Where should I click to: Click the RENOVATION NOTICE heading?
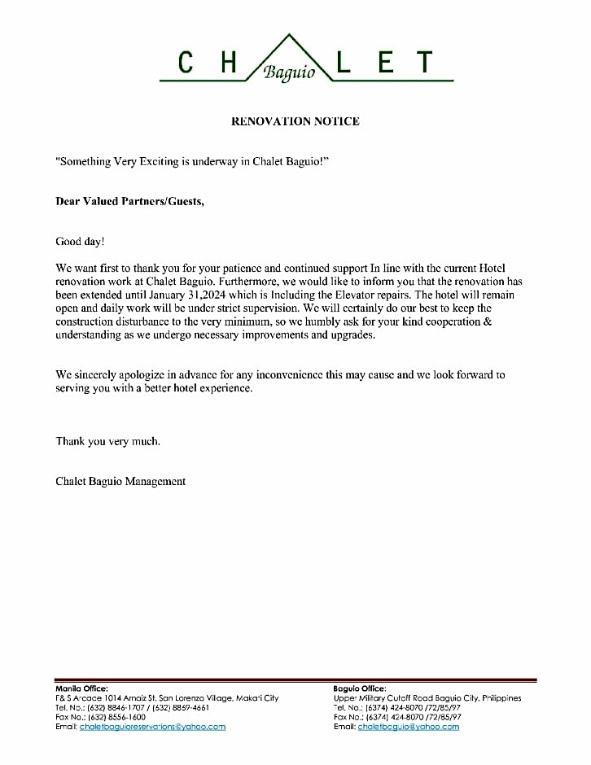pyautogui.click(x=295, y=121)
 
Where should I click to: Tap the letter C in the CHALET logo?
pyautogui.click(x=186, y=63)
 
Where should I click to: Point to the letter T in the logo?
pyautogui.click(x=423, y=63)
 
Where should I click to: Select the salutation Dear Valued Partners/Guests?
pyautogui.click(x=129, y=201)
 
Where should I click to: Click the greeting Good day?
pyautogui.click(x=80, y=241)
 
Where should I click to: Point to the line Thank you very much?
pyautogui.click(x=107, y=441)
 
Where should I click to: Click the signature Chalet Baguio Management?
pyautogui.click(x=120, y=481)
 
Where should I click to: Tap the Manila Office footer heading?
pyautogui.click(x=81, y=688)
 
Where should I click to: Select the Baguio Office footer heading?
pyautogui.click(x=360, y=688)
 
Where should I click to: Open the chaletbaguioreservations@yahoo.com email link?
pyautogui.click(x=152, y=727)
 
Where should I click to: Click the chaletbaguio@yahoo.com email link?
pyautogui.click(x=408, y=727)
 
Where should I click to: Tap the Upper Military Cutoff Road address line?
pyautogui.click(x=427, y=698)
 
